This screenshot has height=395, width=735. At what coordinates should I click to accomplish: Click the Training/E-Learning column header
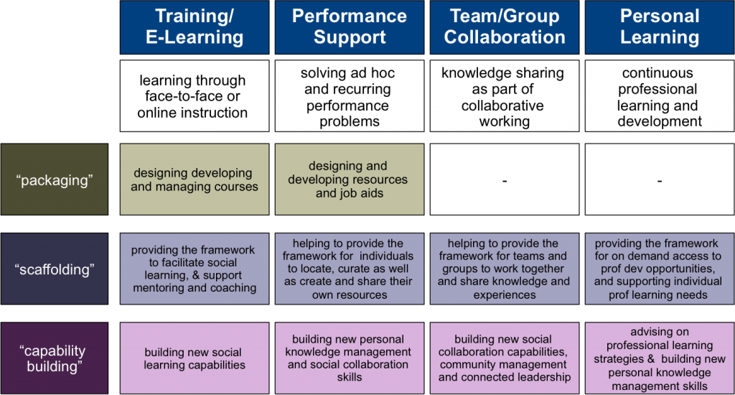point(194,27)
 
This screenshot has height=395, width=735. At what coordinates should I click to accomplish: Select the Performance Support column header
point(350,27)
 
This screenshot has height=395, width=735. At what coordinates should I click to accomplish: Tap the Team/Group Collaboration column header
point(505,27)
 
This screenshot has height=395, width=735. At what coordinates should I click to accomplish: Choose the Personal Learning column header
point(660,27)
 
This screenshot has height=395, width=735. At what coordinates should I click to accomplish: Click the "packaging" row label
point(55,180)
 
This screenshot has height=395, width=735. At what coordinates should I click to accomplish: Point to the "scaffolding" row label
point(55,269)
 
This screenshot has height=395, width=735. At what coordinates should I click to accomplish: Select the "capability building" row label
point(55,358)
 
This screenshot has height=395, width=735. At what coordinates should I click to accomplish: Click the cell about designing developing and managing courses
point(194,180)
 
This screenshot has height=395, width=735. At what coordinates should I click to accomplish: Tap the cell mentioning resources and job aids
point(350,180)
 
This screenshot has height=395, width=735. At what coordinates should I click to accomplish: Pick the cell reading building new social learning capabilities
point(194,358)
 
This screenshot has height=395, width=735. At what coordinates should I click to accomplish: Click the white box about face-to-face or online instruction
point(194,97)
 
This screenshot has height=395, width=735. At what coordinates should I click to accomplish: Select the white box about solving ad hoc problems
point(350,97)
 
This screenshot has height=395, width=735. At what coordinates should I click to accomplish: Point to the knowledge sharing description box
point(505,97)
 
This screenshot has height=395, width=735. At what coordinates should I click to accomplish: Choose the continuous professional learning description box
point(660,97)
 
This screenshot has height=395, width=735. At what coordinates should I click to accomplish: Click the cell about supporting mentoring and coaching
point(194,269)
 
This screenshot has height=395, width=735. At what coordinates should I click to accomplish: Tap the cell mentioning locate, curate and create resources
point(350,269)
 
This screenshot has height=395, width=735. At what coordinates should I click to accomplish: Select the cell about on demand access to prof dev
point(660,269)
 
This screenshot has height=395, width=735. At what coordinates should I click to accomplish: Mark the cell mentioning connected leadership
point(505,358)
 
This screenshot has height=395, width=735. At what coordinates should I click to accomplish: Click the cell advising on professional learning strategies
point(660,358)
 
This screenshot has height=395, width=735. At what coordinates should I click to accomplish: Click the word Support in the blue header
point(350,37)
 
